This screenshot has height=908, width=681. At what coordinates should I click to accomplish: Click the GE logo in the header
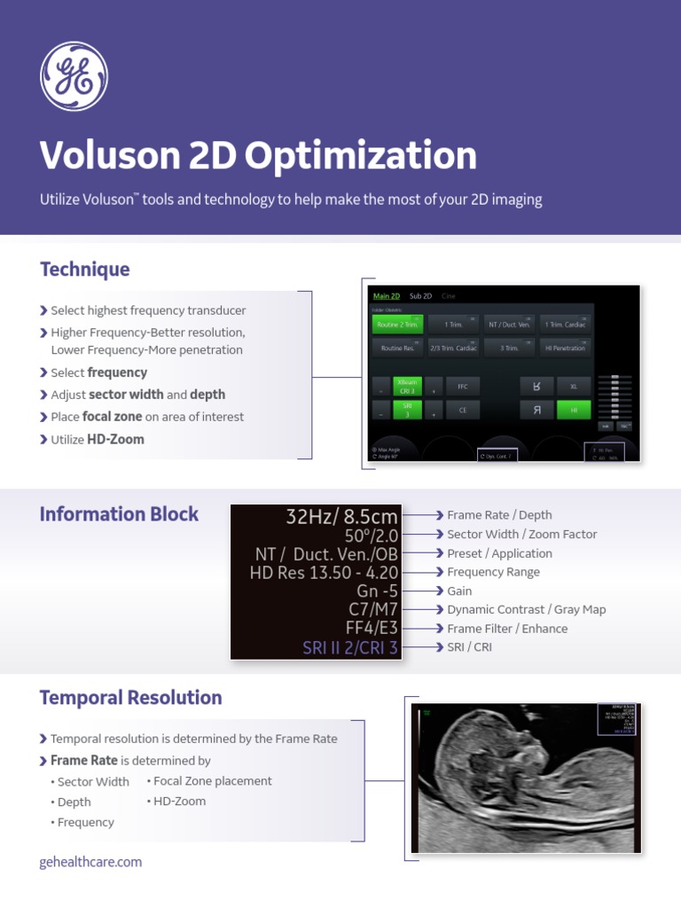[x=74, y=77]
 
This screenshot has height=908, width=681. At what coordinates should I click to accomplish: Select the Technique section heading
[x=84, y=270]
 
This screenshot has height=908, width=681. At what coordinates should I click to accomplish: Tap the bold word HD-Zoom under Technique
[x=115, y=439]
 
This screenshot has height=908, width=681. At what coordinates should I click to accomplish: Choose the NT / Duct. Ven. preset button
[x=509, y=325]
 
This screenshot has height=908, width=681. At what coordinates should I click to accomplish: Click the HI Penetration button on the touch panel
[x=565, y=348]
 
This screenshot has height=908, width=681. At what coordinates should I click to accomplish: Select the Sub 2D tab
[x=420, y=296]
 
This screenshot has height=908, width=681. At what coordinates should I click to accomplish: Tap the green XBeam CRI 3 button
[x=406, y=387]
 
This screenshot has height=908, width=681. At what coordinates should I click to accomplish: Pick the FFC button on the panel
[x=462, y=387]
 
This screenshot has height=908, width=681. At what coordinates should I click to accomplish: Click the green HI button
[x=574, y=410]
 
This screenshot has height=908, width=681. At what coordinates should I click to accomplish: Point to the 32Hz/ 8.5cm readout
[x=341, y=516]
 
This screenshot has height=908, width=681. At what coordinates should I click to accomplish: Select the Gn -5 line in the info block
[x=377, y=591]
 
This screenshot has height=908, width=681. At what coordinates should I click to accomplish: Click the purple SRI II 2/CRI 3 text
[x=350, y=648]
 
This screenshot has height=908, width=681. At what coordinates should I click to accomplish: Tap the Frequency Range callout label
[x=493, y=572]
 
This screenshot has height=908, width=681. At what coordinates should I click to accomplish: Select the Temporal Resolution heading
[x=130, y=698]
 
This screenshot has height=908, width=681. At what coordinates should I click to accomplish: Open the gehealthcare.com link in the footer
[x=90, y=862]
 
